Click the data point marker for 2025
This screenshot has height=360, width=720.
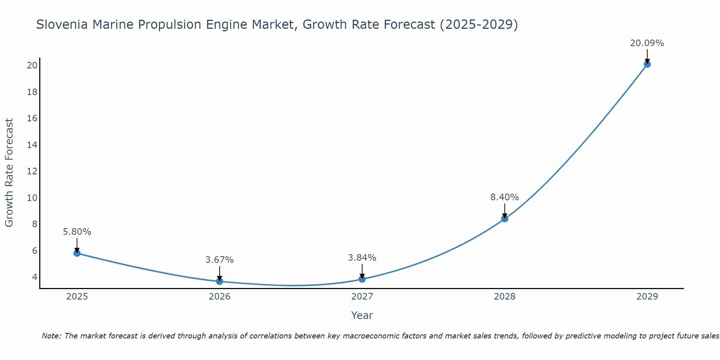tap(77, 253)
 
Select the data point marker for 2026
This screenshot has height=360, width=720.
tap(220, 281)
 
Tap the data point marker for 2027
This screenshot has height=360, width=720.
tap(362, 279)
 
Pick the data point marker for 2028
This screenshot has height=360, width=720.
tap(505, 219)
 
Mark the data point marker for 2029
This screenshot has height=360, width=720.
tap(647, 64)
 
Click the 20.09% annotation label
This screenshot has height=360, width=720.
tap(647, 43)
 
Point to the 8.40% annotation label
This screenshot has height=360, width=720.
tap(504, 197)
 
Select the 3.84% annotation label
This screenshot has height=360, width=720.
tap(362, 258)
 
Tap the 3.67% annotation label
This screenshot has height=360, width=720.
tap(220, 260)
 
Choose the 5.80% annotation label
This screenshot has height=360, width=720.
tap(77, 232)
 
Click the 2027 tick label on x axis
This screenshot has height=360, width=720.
tap(362, 297)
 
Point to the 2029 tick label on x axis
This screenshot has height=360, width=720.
tap(647, 297)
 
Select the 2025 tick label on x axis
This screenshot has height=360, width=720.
tap(77, 297)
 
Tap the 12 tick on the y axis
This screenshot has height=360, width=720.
tap(32, 171)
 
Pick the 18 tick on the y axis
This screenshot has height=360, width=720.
tap(32, 92)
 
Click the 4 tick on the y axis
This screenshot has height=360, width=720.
tap(35, 277)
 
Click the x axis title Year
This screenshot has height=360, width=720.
tap(362, 315)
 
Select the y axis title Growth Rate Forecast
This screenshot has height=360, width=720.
tap(9, 173)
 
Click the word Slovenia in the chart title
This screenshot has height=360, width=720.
tap(62, 24)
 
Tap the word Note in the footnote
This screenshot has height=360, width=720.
tap(51, 336)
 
